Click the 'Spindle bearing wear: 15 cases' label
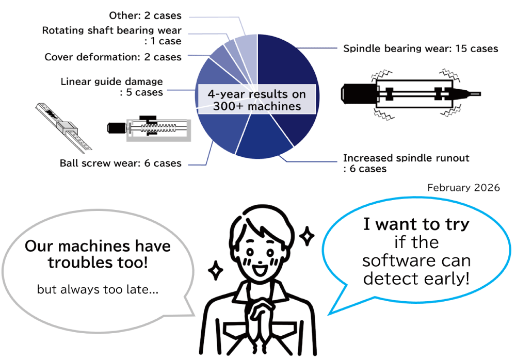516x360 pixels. click(421, 49)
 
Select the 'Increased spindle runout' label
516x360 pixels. click(406, 158)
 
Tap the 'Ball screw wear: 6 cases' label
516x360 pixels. click(121, 163)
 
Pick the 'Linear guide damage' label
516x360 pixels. click(111, 81)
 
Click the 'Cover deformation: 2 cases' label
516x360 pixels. click(113, 57)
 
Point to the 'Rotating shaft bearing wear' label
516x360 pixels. click(111, 30)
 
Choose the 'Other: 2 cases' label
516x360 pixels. click(145, 16)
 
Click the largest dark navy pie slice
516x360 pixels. click(289, 72)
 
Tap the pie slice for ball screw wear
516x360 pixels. click(217, 132)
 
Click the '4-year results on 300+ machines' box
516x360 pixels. click(256, 100)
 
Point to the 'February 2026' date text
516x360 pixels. click(463, 188)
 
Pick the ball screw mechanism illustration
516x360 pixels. click(149, 128)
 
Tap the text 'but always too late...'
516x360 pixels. click(98, 290)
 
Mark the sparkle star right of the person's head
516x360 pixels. click(307, 237)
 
